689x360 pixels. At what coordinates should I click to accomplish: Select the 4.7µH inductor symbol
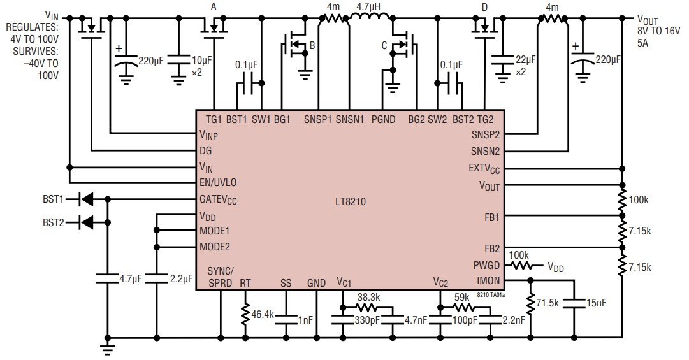368,20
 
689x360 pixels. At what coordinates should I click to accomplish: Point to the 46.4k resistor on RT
245,314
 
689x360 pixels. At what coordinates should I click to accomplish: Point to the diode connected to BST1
85,199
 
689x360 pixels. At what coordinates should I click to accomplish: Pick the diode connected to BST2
85,222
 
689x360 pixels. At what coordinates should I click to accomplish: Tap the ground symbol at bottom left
108,347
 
